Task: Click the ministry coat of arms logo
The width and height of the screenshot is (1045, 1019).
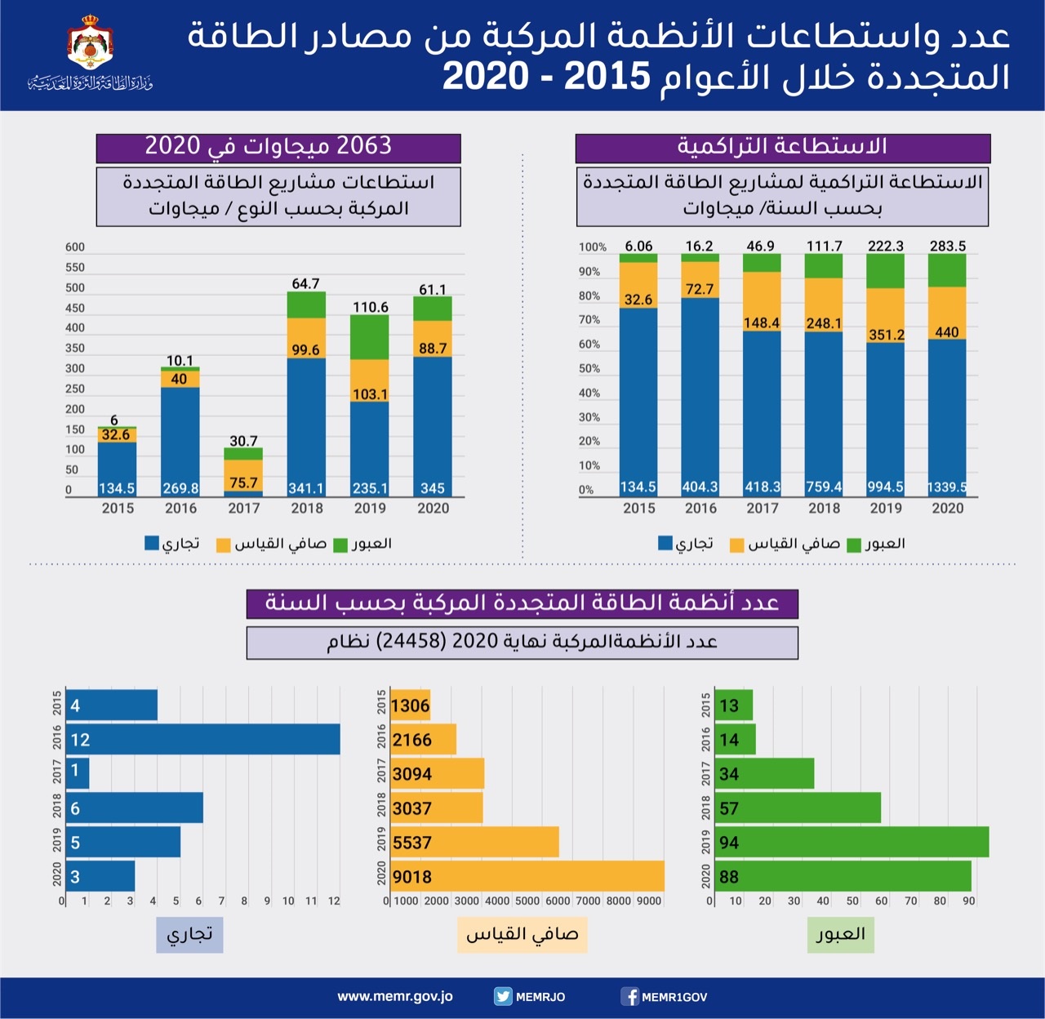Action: pos(90,46)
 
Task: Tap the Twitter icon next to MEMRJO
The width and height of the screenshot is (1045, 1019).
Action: pos(503,996)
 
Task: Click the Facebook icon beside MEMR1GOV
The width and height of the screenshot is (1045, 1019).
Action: pos(630,996)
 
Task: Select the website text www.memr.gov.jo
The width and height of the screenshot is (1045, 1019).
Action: pos(395,996)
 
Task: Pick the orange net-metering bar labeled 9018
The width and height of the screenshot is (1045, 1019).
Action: pos(527,876)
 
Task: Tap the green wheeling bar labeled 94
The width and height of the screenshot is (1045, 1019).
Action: pos(852,842)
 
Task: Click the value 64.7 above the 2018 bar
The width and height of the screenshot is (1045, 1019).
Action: pos(305,283)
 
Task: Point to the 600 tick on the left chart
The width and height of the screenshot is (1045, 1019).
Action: pos(75,247)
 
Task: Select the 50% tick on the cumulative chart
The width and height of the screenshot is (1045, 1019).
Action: pos(589,369)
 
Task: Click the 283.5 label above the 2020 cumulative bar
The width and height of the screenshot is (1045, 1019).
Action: pos(947,246)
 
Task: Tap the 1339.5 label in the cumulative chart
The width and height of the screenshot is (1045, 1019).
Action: pos(947,487)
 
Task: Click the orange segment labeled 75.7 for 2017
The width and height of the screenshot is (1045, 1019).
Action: pos(243,475)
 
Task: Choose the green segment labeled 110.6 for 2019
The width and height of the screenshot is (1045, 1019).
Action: pos(370,336)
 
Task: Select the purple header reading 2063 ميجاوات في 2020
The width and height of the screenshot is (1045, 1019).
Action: pos(278,147)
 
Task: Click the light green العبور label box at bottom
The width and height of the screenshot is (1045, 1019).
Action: pos(840,934)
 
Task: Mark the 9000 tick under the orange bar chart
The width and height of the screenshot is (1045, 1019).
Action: pos(649,901)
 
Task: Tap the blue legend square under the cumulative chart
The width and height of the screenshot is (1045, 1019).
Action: pos(665,543)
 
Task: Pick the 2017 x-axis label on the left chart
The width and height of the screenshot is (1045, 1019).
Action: pos(243,508)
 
